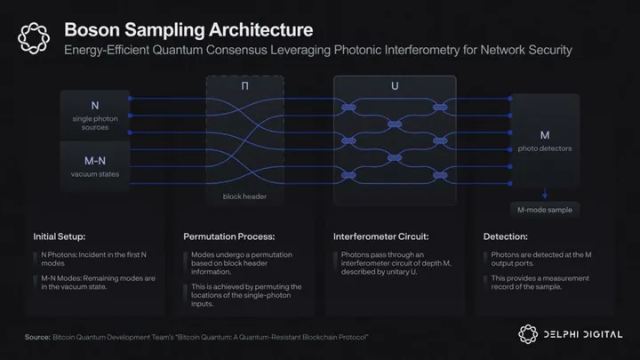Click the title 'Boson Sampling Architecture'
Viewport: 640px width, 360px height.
[x=188, y=31]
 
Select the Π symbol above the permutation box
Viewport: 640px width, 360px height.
[x=244, y=87]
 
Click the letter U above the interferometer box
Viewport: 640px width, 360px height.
[x=395, y=87]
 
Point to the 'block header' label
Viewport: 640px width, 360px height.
[x=244, y=196]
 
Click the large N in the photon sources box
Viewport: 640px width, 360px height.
[x=94, y=106]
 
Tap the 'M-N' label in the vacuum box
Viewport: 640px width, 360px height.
[x=94, y=160]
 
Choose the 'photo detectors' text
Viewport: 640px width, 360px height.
[x=545, y=148]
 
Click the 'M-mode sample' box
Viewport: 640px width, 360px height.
[x=545, y=211]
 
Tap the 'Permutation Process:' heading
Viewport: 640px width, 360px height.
[x=228, y=238]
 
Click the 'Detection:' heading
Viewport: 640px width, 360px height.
[x=508, y=238]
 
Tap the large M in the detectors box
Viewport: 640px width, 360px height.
[x=545, y=133]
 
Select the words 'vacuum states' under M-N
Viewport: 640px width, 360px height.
[x=94, y=174]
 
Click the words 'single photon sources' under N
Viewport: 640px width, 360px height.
[x=94, y=122]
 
